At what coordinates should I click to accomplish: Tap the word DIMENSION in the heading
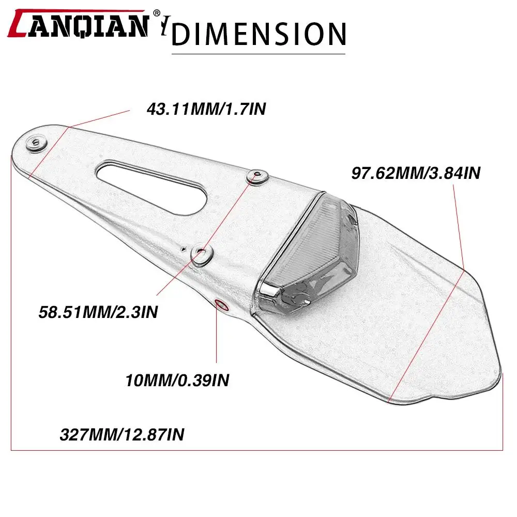pyautogui.click(x=259, y=34)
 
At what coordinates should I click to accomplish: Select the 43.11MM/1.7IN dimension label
pyautogui.click(x=206, y=109)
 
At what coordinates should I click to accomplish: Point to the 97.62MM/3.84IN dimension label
pyautogui.click(x=416, y=173)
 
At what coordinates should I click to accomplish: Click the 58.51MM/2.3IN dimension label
pyautogui.click(x=98, y=312)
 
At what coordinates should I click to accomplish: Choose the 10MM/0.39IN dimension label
pyautogui.click(x=177, y=380)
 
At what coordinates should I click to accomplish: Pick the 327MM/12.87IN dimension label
pyautogui.click(x=122, y=434)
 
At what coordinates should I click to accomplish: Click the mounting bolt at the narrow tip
pyautogui.click(x=36, y=143)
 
